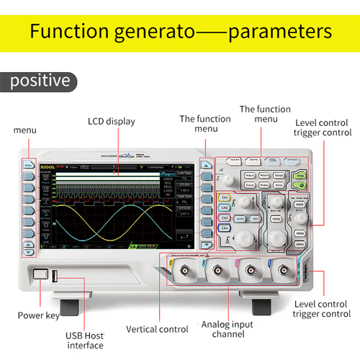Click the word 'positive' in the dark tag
[x=40, y=81]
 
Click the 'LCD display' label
[x=111, y=121]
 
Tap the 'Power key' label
[x=39, y=315]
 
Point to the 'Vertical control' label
[x=157, y=328]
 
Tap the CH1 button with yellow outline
[x=225, y=197]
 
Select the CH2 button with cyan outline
[x=225, y=207]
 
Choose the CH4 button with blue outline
[x=225, y=228]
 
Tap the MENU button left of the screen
[x=28, y=165]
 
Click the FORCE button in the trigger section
[x=299, y=244]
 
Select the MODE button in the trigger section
[x=299, y=204]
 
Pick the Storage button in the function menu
[x=279, y=175]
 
